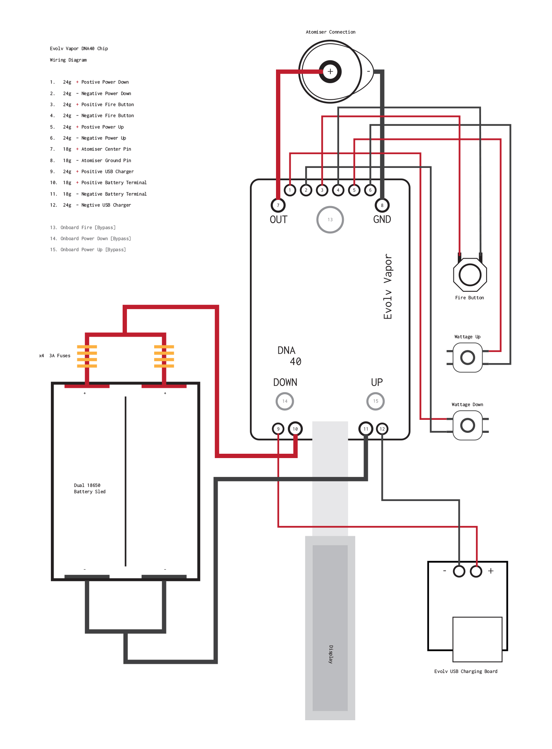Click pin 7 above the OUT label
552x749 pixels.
[278, 205]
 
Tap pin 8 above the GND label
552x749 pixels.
[382, 205]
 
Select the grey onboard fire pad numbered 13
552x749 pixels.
[330, 220]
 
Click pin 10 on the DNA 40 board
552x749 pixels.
[295, 429]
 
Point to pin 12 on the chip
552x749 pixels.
[382, 429]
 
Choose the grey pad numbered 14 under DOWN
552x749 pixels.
[285, 401]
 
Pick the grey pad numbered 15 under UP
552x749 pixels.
[375, 401]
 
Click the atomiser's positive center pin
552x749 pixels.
[330, 72]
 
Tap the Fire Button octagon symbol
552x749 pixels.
[470, 275]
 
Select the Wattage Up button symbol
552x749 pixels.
[468, 358]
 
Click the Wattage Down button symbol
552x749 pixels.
[468, 425]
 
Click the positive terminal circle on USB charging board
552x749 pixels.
[476, 571]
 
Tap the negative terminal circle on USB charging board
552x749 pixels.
[459, 571]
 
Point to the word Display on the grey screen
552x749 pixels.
[331, 654]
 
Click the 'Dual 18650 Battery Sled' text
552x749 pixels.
[90, 488]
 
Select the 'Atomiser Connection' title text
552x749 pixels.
[330, 32]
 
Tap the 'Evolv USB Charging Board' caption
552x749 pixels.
[466, 671]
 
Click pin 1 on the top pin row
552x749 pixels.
[290, 190]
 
